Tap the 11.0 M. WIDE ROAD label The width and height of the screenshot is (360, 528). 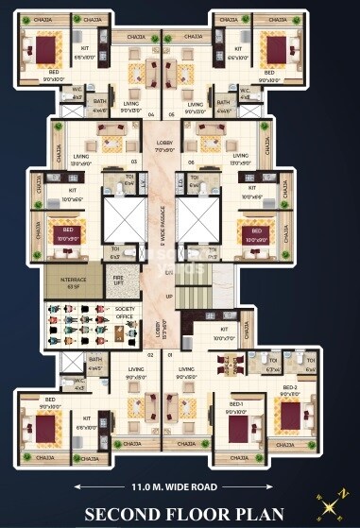click(x=180, y=486)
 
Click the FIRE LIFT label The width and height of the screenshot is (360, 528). click(x=118, y=281)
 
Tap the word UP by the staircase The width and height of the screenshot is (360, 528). click(x=170, y=296)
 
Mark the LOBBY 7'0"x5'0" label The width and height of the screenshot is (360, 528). click(x=165, y=146)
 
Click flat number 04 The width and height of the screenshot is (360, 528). click(x=151, y=115)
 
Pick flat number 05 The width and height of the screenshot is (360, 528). click(x=172, y=115)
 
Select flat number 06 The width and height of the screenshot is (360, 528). click(x=191, y=162)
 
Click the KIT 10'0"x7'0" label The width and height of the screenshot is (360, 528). click(x=224, y=332)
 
